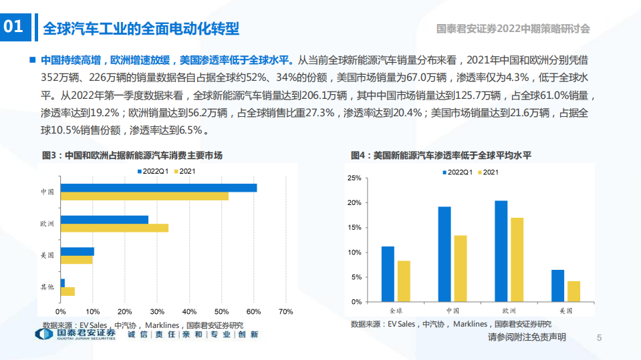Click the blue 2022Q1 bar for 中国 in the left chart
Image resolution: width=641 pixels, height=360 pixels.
pos(158,188)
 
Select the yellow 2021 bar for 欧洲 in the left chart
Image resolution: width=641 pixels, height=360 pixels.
pos(114,228)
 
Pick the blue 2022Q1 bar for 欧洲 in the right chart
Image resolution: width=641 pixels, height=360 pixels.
pos(501,250)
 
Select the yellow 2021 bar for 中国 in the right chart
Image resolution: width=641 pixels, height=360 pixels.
pos(461,268)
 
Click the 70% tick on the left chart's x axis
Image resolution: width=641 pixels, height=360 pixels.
pos(285,312)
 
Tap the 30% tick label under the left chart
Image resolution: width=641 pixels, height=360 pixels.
pos(157,312)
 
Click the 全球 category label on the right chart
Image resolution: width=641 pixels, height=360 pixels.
pos(396,311)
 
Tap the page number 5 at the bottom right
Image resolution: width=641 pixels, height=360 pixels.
pos(599,338)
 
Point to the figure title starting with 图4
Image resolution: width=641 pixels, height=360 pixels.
pos(441,156)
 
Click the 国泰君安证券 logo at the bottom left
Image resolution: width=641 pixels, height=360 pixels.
pos(76,333)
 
